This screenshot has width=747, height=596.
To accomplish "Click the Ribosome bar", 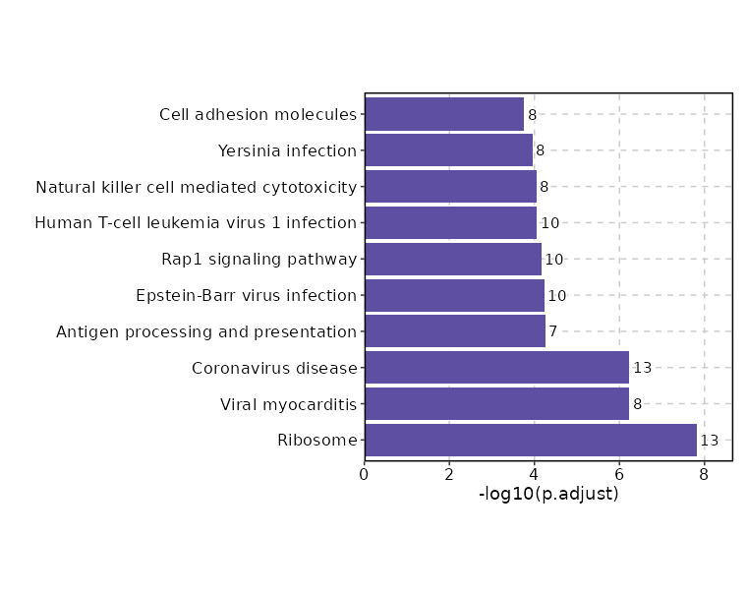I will click(531, 440).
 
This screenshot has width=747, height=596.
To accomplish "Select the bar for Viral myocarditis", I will click(496, 403).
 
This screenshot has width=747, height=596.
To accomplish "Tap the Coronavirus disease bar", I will click(496, 368).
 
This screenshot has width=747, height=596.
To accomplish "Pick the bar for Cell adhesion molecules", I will click(444, 114).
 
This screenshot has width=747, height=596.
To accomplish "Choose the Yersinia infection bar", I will click(448, 150).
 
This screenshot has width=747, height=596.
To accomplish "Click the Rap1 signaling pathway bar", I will click(453, 260).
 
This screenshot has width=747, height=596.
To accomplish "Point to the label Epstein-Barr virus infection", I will click(246, 296).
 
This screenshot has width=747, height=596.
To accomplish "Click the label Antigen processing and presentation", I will click(206, 332).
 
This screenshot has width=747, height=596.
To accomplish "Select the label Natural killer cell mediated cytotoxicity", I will click(196, 187).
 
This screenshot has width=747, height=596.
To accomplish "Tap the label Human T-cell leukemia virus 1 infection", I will click(196, 223).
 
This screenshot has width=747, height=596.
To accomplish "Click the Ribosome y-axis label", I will click(317, 440).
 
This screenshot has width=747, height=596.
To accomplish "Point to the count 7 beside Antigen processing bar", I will click(553, 332).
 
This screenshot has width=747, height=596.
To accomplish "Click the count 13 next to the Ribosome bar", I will click(710, 441).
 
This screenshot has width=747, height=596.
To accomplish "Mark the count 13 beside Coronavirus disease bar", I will click(643, 368).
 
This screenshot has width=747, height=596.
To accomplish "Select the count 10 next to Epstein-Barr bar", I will click(557, 296).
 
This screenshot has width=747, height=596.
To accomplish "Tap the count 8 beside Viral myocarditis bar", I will click(637, 404).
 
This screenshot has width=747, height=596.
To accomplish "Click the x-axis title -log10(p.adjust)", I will click(548, 494).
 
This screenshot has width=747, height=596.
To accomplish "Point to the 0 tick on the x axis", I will click(365, 474).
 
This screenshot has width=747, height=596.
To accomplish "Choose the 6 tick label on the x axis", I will click(619, 474).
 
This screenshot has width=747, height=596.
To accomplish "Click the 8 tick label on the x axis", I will click(705, 474).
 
